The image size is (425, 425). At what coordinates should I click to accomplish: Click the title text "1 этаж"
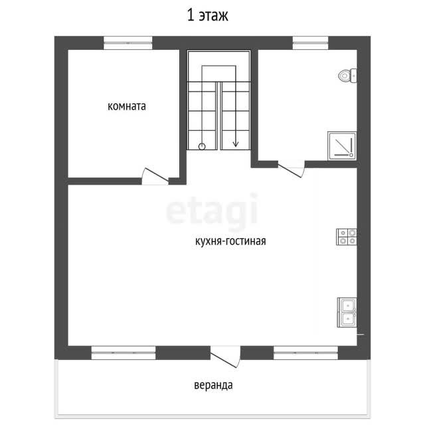pos(208,15)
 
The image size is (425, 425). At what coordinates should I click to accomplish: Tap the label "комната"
pos(127,106)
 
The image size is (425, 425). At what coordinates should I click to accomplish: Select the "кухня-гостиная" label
pos(230,241)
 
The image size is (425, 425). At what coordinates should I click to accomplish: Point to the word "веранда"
pos(213,385)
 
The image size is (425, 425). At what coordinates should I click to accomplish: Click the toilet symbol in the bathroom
pos(347,76)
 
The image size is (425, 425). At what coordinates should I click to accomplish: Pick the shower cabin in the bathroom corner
pos(342,146)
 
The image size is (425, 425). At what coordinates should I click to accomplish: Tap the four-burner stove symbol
pos(347,237)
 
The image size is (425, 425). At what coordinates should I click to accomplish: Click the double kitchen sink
pos(347,312)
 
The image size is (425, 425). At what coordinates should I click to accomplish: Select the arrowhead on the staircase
pos(236,143)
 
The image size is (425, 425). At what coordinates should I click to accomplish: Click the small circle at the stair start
pos(202,147)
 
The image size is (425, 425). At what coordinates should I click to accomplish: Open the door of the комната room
pos(155,177)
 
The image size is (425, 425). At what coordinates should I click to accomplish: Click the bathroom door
pos(292,169)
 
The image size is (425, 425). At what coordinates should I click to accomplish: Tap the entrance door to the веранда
pos(226,357)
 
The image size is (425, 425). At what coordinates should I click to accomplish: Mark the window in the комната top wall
pos(128,42)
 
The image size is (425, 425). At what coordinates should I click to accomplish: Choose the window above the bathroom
pos(310,42)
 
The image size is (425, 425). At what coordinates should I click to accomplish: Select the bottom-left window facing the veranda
pos(124,353)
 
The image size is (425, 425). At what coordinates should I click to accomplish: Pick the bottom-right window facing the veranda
pos(305,353)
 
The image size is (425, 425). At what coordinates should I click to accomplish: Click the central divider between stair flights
pos(218,116)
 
